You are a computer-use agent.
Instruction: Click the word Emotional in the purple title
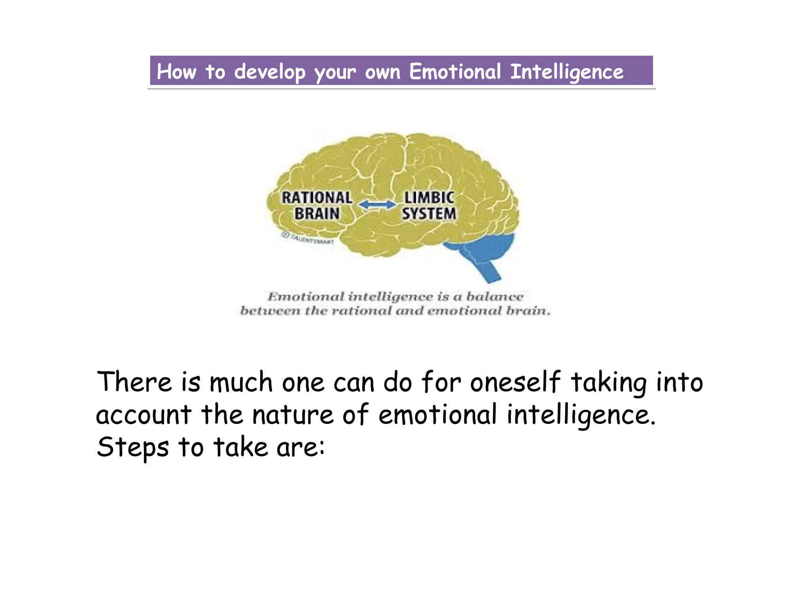[455, 72]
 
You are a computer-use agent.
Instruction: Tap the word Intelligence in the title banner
[566, 72]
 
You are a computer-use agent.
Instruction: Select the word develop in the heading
[269, 72]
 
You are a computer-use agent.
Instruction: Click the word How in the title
[176, 72]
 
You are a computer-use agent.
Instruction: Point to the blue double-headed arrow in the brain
[377, 205]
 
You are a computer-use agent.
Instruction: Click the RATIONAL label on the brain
[317, 198]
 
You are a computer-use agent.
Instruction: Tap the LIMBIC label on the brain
[429, 198]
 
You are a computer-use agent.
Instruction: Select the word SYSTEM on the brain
[429, 214]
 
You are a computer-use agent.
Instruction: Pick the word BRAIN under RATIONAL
[317, 214]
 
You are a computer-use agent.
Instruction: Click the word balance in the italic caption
[495, 297]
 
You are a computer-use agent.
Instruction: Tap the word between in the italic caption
[270, 311]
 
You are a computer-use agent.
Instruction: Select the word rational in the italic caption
[360, 311]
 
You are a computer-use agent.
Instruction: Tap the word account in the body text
[144, 415]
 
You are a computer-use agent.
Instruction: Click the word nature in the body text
[293, 415]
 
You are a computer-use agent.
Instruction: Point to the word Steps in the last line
[133, 447]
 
